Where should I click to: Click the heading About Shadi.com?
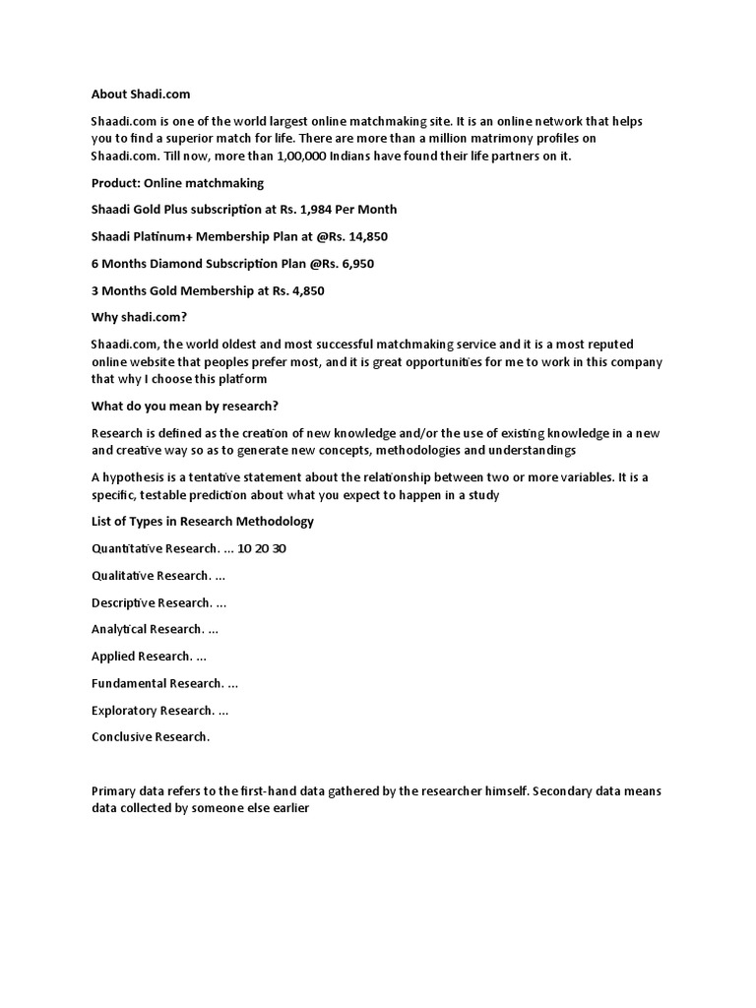[141, 94]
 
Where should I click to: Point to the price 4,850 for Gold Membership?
[304, 291]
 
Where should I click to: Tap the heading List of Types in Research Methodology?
[203, 521]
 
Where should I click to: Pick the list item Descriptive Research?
[152, 602]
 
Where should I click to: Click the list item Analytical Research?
[148, 629]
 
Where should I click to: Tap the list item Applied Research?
[141, 656]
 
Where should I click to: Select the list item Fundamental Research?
[157, 683]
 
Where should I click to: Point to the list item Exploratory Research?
[153, 710]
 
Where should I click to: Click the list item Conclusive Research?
[151, 737]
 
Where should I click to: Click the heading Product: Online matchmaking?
[177, 183]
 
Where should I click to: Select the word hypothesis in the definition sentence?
[136, 477]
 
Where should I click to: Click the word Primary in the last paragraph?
[113, 791]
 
